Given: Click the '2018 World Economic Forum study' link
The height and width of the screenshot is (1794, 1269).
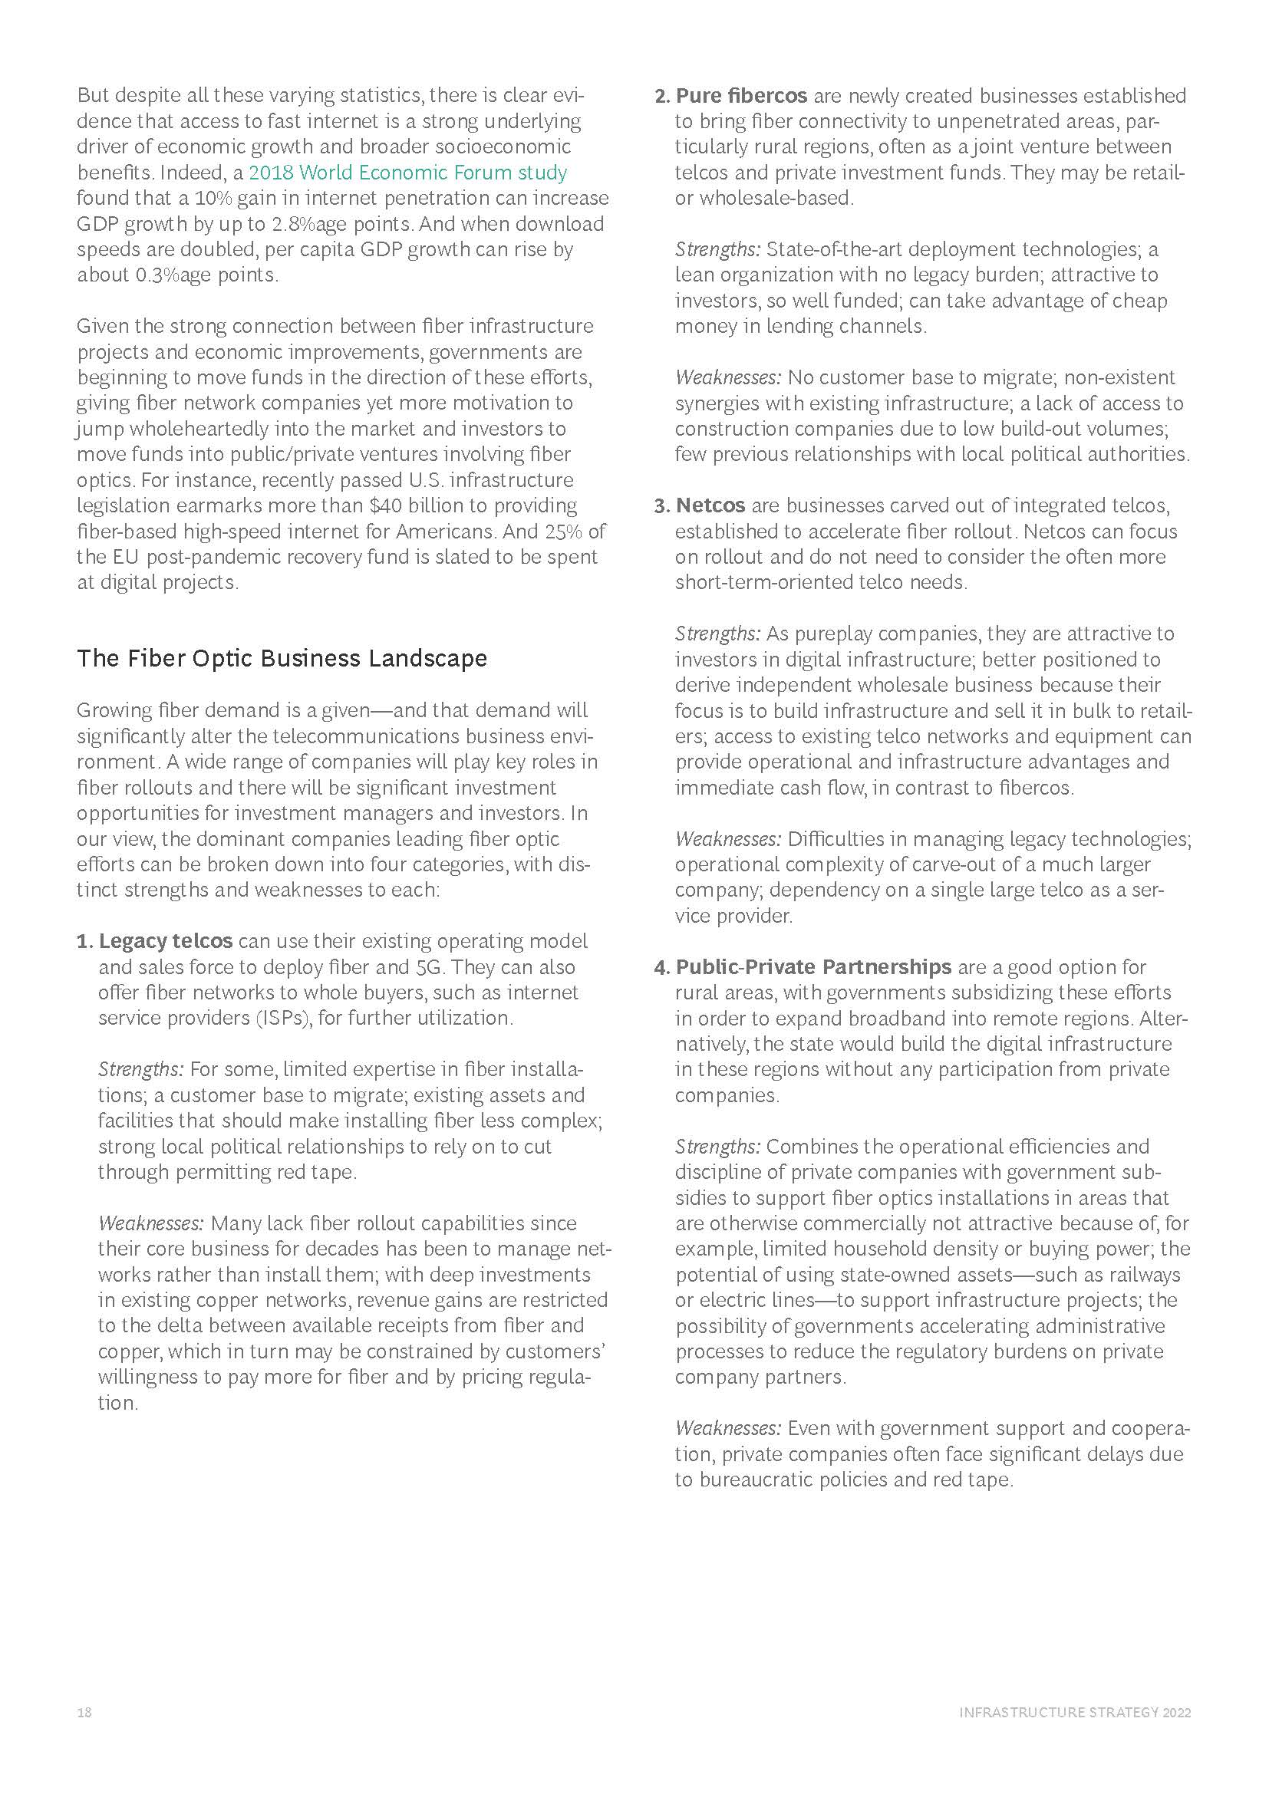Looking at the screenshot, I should [407, 173].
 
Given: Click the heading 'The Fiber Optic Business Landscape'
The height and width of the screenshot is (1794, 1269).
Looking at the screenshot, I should [282, 659].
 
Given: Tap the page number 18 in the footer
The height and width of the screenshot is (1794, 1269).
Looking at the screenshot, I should [84, 1713].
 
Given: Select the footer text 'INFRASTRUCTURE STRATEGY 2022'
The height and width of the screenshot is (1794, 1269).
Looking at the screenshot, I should [1074, 1713].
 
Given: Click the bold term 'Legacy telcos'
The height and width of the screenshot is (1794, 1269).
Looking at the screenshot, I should [166, 941].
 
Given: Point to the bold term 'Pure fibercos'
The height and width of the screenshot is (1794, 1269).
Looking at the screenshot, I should [741, 96].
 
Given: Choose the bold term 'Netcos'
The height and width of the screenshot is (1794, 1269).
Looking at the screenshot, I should [710, 505].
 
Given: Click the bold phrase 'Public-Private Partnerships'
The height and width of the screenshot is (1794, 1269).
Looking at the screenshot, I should [813, 966].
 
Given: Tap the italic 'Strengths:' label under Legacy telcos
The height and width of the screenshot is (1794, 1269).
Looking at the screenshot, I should [140, 1069].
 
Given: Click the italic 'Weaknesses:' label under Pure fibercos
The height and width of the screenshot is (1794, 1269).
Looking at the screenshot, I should [727, 377].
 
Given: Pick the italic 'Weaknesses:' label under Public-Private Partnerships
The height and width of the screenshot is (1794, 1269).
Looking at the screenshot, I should [727, 1428].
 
